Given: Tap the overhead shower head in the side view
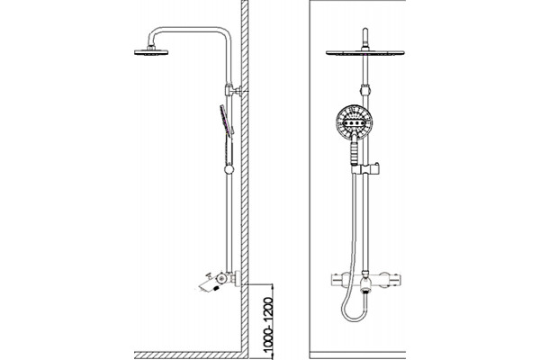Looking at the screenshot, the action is click(x=151, y=52).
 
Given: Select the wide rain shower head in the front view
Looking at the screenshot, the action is click(x=365, y=53).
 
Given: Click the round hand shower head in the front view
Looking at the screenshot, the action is click(x=355, y=121).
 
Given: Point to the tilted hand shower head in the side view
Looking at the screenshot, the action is click(x=227, y=119).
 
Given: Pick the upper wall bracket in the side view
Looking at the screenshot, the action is click(x=233, y=90).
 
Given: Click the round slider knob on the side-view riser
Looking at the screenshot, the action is click(x=229, y=169).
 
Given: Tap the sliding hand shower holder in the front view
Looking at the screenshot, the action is click(x=365, y=168).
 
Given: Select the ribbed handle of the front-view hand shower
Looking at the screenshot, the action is click(x=355, y=153).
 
